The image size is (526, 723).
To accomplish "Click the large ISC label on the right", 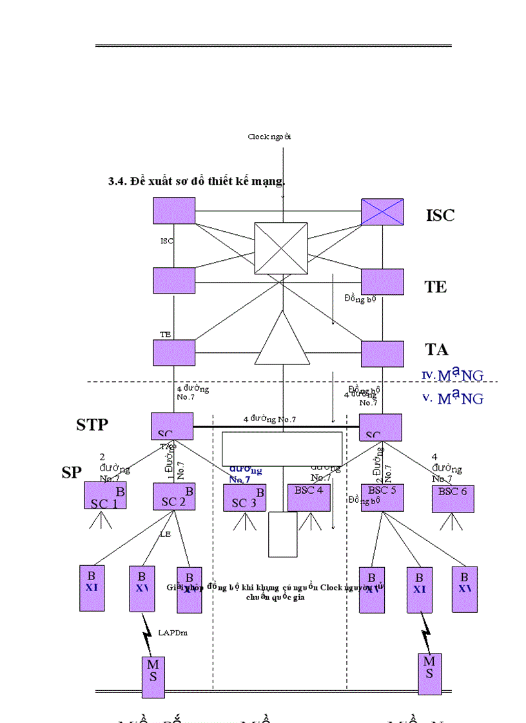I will [440, 215].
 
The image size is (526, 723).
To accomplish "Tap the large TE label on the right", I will [435, 287].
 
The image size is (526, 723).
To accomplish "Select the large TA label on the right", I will [436, 350].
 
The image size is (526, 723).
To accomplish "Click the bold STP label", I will [92, 425].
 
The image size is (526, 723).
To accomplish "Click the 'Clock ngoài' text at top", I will [270, 136].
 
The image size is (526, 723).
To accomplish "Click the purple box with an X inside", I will [382, 211].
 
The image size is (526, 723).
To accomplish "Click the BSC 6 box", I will [453, 498].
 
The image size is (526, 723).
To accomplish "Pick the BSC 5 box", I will [382, 497].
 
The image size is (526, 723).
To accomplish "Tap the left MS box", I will [153, 676].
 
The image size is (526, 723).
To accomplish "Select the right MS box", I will [429, 673].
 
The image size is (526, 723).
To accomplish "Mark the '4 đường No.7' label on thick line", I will [269, 420].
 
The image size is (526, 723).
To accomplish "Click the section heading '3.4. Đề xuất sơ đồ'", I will [197, 182].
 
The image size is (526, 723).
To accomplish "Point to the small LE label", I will [165, 534].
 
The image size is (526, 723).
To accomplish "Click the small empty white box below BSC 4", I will [282, 534].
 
